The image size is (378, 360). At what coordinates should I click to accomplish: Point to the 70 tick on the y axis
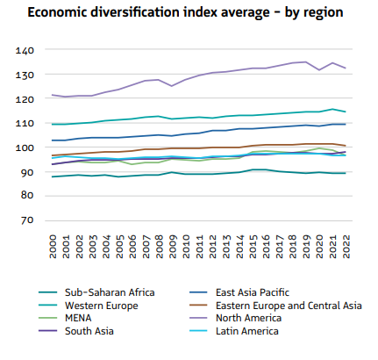point(27,220)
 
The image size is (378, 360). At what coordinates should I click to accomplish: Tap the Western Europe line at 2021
point(331,109)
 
